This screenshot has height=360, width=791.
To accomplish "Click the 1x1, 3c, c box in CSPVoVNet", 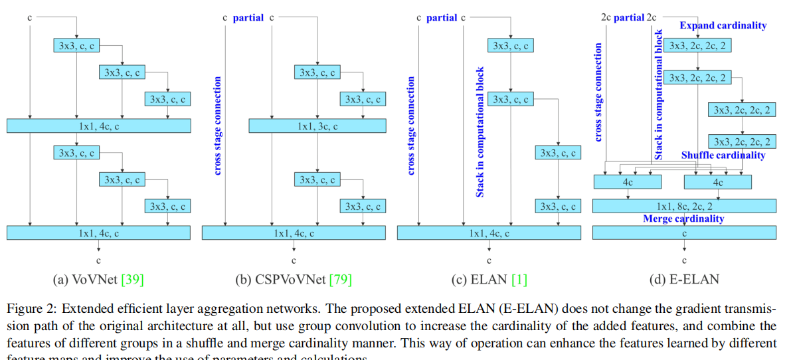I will [x=317, y=126].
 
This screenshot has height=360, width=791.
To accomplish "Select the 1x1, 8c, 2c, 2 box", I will [x=684, y=206].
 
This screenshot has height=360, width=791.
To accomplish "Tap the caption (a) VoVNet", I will [x=98, y=280].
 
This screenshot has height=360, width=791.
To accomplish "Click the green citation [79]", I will [x=341, y=280].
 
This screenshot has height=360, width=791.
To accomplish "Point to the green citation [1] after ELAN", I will [x=519, y=280].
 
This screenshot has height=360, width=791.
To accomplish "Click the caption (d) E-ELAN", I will [x=684, y=280].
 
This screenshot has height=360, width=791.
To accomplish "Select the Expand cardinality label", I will [x=723, y=25].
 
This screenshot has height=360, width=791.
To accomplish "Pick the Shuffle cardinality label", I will [x=723, y=155].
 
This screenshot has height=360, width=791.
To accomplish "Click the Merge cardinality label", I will [x=683, y=219].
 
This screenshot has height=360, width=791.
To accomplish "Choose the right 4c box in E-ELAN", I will [x=717, y=181].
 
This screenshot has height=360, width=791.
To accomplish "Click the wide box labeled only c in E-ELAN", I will [x=684, y=232].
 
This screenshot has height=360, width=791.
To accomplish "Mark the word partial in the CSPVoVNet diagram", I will [x=248, y=17].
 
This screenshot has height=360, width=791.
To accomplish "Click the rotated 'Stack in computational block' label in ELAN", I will [x=480, y=132].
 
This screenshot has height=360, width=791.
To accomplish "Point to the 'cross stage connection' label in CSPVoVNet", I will [x=217, y=126].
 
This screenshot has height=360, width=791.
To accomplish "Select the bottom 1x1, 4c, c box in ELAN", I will [x=489, y=232].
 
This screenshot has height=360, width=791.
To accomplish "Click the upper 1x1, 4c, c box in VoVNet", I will [x=98, y=126].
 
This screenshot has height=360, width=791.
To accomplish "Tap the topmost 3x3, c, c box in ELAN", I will [x=510, y=45].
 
